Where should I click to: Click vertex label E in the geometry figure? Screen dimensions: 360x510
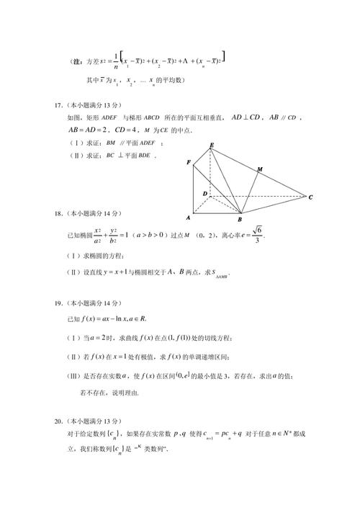pyautogui.click(x=212, y=146)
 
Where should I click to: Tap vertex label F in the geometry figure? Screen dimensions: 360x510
pyautogui.click(x=189, y=164)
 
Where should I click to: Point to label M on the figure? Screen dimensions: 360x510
pyautogui.click(x=258, y=169)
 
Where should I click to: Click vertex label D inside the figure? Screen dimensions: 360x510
pyautogui.click(x=204, y=194)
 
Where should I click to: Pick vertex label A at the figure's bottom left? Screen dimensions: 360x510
pyautogui.click(x=188, y=217)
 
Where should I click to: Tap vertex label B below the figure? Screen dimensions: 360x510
pyautogui.click(x=240, y=219)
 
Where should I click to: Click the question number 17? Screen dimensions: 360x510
pyautogui.click(x=58, y=105)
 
